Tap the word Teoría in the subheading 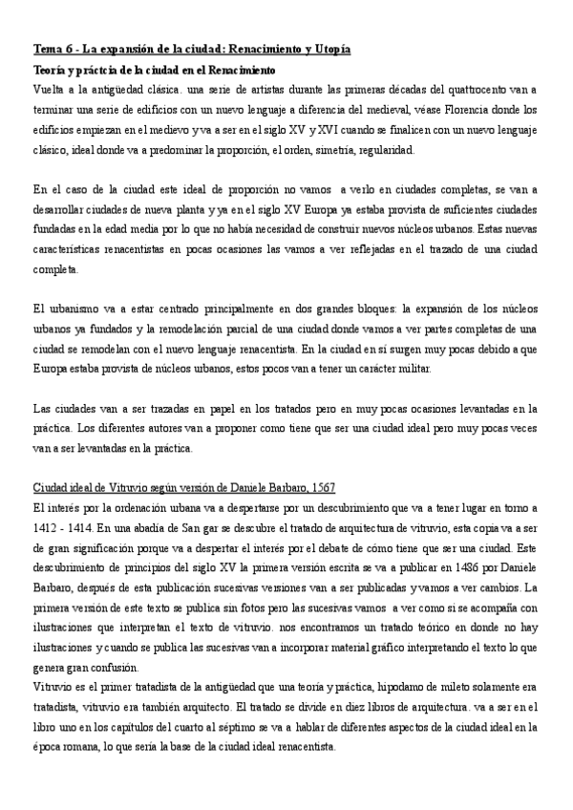coord(53,70)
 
